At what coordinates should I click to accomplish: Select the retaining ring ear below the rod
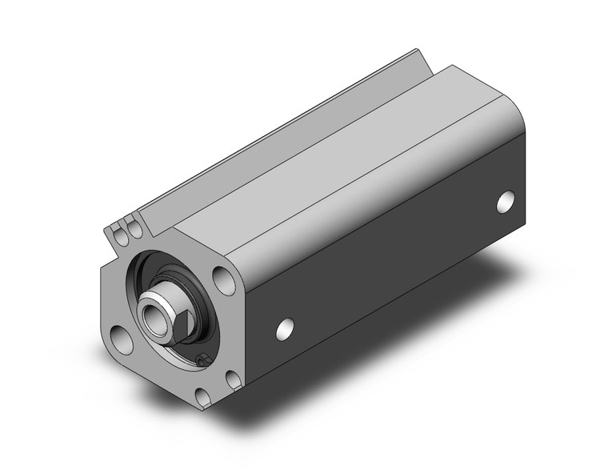[x=202, y=362]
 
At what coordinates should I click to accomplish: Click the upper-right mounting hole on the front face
[x=223, y=279]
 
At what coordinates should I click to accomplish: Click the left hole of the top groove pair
[x=121, y=235]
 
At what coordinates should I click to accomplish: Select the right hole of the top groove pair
[x=135, y=230]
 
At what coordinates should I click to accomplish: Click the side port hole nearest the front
[x=284, y=327]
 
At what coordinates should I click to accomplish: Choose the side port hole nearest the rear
[x=506, y=202]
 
